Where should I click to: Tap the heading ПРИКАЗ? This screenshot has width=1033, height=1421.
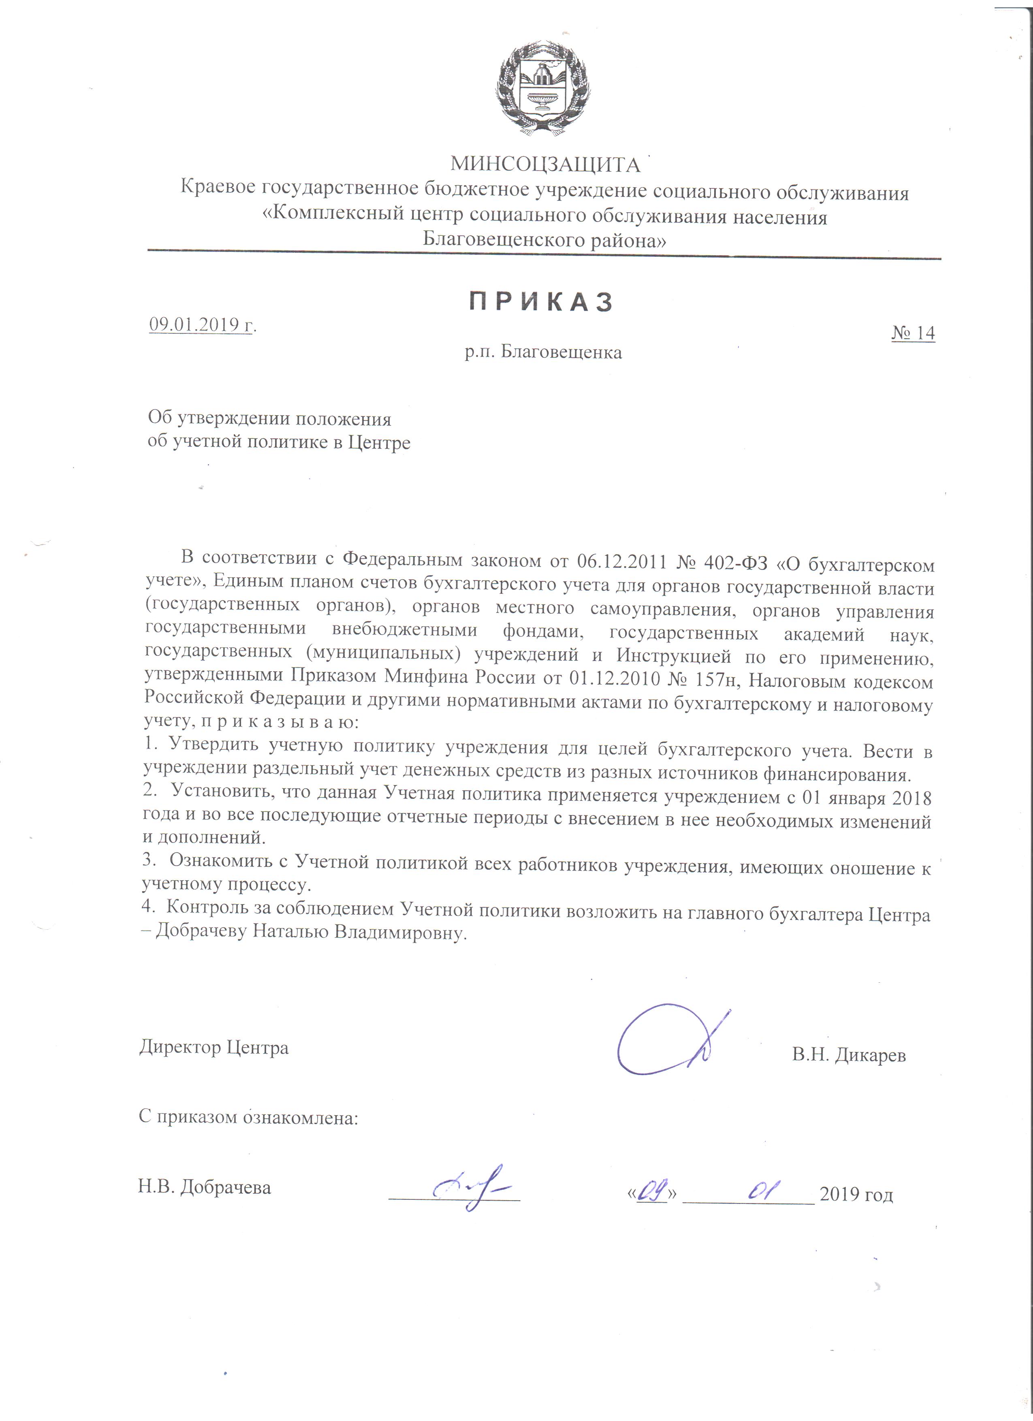(x=541, y=302)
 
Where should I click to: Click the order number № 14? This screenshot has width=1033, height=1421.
(x=913, y=333)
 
